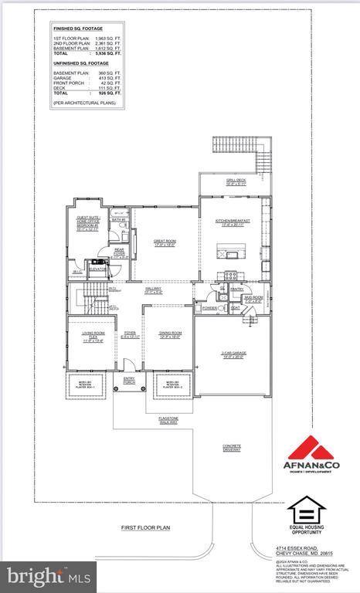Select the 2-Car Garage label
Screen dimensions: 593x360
[232, 356]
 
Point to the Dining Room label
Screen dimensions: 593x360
[170, 334]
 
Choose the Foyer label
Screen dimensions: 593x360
[131, 335]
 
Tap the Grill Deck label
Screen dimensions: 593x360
[236, 181]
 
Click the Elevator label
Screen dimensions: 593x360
[97, 270]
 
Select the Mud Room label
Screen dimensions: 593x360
[253, 300]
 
